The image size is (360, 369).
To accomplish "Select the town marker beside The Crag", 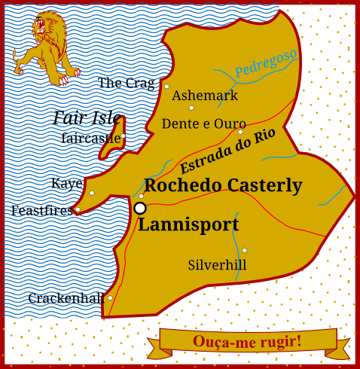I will [x=166, y=86].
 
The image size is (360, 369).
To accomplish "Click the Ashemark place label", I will [x=205, y=96].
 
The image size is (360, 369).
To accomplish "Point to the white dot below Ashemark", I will [x=191, y=108].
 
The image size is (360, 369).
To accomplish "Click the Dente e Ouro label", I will [x=204, y=124].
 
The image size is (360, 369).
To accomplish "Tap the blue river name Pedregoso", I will [x=265, y=63].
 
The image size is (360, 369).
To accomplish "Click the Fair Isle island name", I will [x=87, y=117].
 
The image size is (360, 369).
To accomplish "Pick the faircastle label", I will [x=91, y=138].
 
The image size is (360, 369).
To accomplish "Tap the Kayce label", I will [x=67, y=183].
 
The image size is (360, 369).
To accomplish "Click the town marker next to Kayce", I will [x=92, y=193].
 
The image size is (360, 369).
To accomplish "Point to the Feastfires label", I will [x=41, y=211].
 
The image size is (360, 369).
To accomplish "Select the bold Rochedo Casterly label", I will [x=223, y=185].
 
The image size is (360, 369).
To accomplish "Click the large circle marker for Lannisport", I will [x=140, y=208].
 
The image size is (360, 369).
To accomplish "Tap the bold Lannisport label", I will [x=188, y=224].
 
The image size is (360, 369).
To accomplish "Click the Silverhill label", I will [x=217, y=265].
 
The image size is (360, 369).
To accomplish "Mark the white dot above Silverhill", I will [x=244, y=250].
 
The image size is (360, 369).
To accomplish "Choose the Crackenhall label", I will [x=66, y=298].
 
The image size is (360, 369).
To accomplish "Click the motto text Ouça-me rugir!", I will [x=247, y=341].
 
